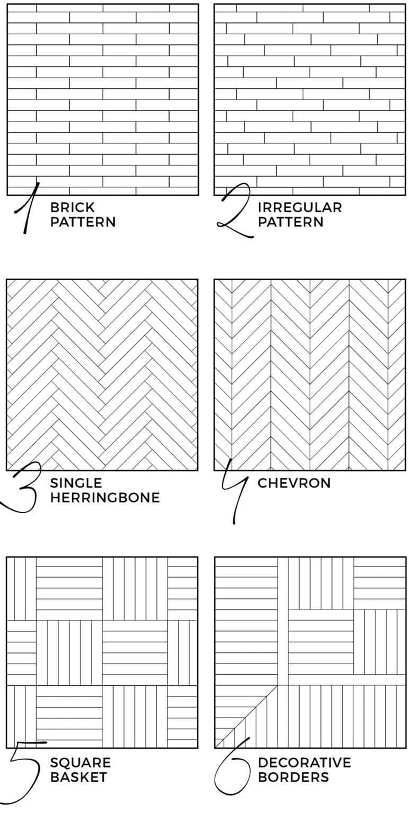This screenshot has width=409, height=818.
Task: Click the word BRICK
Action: click(x=72, y=208)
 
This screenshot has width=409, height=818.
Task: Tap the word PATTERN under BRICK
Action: click(x=83, y=222)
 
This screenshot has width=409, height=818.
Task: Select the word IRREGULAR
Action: click(x=300, y=208)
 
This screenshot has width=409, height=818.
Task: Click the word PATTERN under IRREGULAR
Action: click(x=291, y=222)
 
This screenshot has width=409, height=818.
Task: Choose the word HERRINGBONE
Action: click(x=105, y=498)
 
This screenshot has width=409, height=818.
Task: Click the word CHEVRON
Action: click(x=294, y=483)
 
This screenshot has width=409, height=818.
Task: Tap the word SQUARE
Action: click(x=81, y=763)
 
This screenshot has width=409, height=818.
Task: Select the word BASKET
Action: click(x=79, y=778)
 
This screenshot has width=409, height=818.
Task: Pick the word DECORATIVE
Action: click(x=304, y=763)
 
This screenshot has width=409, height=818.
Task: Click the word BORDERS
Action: click(x=293, y=778)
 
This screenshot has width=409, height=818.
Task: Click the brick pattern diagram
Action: click(x=103, y=99)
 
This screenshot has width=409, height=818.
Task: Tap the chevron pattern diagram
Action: click(x=310, y=375)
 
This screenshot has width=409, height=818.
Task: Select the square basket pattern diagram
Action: click(x=102, y=652)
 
